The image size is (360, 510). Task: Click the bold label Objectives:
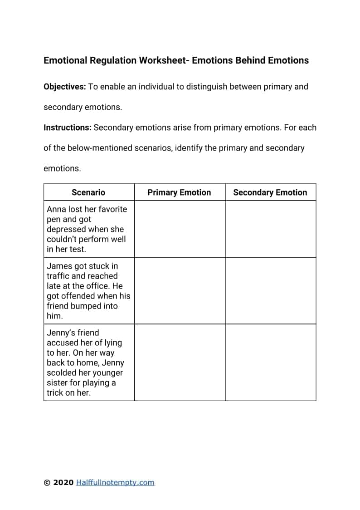(x=64, y=87)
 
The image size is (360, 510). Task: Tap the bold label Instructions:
(x=67, y=127)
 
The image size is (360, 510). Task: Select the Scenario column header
(x=88, y=192)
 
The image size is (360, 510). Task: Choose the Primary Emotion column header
(x=179, y=192)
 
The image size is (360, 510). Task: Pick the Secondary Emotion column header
(x=270, y=192)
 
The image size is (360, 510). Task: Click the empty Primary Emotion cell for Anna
(x=180, y=229)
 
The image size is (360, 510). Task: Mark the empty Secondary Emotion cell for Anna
(x=270, y=229)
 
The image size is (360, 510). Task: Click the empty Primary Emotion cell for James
(x=180, y=290)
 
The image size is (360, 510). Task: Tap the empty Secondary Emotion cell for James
(x=270, y=290)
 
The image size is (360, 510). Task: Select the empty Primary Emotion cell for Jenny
(x=180, y=362)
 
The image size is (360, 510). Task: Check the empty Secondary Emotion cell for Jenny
(x=270, y=362)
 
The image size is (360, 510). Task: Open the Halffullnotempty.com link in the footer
(x=115, y=483)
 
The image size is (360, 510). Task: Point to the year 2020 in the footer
(x=63, y=483)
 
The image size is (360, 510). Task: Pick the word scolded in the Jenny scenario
(x=63, y=373)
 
